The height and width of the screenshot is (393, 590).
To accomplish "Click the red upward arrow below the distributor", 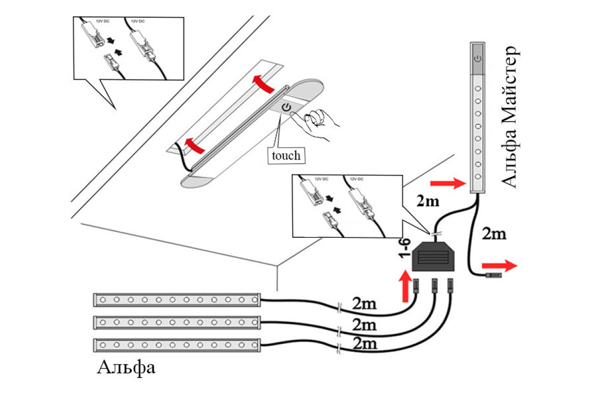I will point(405,287).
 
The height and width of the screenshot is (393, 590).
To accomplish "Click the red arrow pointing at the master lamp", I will point(447,184).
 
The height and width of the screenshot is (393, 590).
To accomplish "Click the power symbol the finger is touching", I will point(286,108).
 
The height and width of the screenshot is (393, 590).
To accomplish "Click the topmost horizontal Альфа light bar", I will point(177,299).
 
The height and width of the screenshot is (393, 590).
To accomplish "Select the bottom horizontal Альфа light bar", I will point(177,345).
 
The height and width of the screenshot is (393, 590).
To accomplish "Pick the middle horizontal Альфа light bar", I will point(177,322).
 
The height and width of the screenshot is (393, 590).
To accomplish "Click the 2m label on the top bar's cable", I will point(364,304).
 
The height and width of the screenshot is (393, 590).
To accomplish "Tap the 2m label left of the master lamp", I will point(428,201).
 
